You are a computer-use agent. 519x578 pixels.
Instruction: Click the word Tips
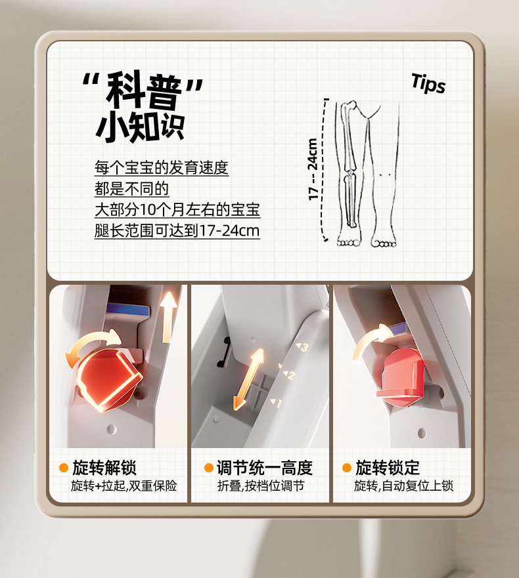tap(428, 83)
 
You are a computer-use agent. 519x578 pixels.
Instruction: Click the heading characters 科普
tap(143, 91)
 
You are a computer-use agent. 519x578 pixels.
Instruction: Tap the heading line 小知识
tap(140, 127)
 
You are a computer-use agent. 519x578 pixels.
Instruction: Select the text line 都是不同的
tap(131, 189)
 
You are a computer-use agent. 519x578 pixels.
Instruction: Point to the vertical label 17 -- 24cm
tap(313, 169)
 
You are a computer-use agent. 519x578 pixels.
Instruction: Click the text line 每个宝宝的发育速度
tap(162, 168)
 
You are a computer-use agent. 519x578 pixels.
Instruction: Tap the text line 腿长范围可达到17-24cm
tap(177, 231)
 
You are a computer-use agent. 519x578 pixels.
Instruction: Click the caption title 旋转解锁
tap(104, 468)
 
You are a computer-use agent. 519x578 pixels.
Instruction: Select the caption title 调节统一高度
tap(265, 468)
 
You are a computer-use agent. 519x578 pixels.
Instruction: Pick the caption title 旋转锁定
tap(388, 468)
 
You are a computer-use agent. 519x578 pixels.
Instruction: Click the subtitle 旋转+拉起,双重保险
tap(124, 486)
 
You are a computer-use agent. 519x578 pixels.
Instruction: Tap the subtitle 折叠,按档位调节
tap(261, 486)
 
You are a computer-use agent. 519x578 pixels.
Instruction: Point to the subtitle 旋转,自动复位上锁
tap(403, 486)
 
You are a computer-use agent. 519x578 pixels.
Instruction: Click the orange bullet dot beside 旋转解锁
tap(64, 468)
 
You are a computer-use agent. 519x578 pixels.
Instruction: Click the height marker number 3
tap(304, 347)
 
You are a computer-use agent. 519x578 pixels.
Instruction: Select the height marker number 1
tap(279, 403)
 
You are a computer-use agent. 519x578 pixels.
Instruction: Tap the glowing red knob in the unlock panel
tap(110, 380)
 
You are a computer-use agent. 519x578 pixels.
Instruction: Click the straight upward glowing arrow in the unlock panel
tap(169, 317)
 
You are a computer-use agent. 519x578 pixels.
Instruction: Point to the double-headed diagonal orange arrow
tap(248, 379)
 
